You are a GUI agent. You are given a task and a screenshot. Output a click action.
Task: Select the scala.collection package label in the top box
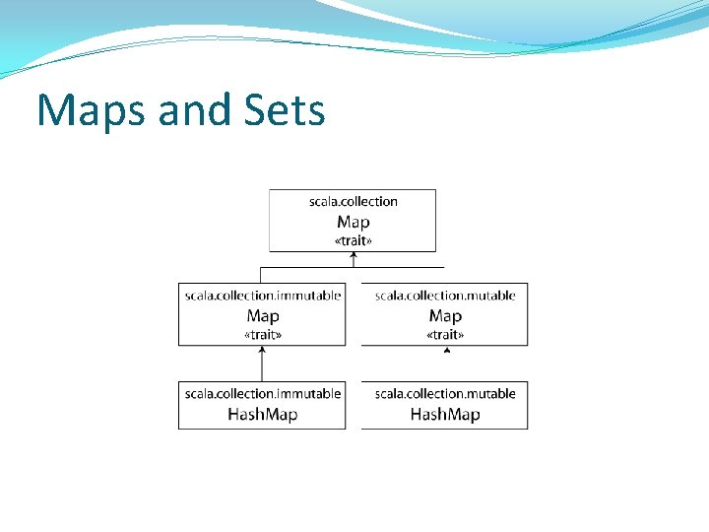point(353,202)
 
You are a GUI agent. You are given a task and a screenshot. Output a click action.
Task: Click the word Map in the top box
point(353,223)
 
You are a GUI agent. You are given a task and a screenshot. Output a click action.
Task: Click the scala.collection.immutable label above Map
point(263,296)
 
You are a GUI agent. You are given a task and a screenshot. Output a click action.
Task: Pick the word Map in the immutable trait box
point(263,316)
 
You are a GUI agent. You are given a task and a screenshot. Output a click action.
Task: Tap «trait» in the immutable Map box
point(263,335)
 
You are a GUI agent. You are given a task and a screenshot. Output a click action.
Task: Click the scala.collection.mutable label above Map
point(445,296)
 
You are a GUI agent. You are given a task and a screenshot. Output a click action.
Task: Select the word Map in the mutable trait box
point(445,316)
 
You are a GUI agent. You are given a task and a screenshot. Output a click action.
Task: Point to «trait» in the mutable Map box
point(445,335)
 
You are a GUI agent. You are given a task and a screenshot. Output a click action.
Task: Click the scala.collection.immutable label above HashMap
point(263,394)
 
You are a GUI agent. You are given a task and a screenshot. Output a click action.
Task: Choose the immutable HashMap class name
point(263,415)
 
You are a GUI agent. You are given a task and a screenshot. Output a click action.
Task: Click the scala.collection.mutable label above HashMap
point(445,394)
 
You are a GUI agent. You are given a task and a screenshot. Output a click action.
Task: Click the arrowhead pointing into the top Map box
point(354,256)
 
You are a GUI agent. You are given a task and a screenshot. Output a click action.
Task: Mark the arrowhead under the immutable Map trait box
point(263,350)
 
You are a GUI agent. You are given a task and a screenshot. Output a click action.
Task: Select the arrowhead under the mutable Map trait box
point(446,349)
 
